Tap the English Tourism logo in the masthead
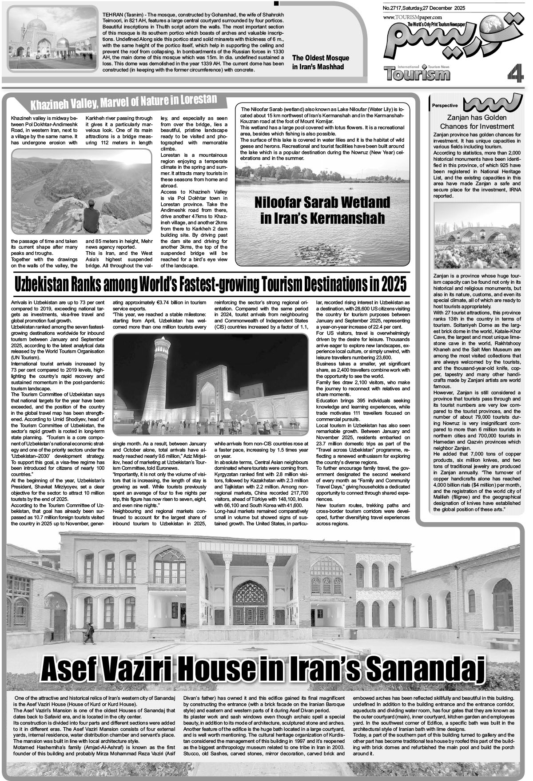[417, 73]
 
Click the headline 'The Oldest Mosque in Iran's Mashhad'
[320, 62]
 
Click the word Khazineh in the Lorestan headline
[49, 105]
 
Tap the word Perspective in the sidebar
[445, 106]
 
